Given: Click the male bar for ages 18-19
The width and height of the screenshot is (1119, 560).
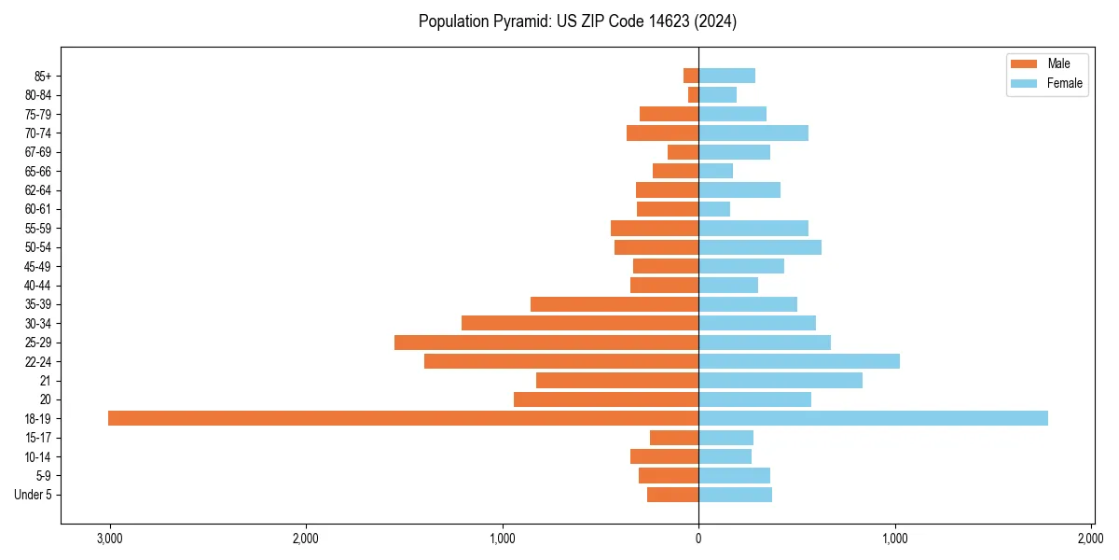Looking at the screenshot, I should click(x=403, y=418).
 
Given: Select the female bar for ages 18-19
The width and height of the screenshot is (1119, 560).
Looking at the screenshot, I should click(x=873, y=418).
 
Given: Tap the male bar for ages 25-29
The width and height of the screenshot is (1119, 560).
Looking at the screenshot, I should click(x=546, y=343).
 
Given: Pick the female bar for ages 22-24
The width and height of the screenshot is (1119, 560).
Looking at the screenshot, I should click(x=799, y=361).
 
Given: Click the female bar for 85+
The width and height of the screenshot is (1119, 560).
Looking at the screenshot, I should click(x=726, y=76).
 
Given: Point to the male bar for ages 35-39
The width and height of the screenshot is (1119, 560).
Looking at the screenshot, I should click(x=615, y=304).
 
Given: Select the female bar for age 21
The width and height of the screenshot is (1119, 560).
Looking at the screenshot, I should click(x=781, y=380).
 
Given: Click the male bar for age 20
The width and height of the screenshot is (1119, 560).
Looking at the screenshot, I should click(x=606, y=399).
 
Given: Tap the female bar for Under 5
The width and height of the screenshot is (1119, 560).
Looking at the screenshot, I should click(x=735, y=495).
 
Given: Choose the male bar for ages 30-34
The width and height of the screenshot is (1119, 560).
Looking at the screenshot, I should click(x=580, y=323).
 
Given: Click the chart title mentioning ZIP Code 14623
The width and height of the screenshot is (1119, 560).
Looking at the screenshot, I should click(x=578, y=21).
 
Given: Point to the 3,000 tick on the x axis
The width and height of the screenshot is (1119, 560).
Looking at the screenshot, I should click(x=109, y=539).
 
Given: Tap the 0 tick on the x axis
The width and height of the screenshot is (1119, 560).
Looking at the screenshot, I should click(x=698, y=539).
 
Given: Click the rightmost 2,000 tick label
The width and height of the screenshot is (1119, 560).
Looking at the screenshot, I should click(x=1091, y=539).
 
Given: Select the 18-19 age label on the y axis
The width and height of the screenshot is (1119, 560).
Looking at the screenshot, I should click(x=38, y=419).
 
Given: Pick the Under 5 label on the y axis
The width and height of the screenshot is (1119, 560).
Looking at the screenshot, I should click(x=33, y=495).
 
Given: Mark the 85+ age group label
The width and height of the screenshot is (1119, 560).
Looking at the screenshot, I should click(x=42, y=76).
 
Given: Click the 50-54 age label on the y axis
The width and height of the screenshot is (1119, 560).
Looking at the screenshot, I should click(x=38, y=247).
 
